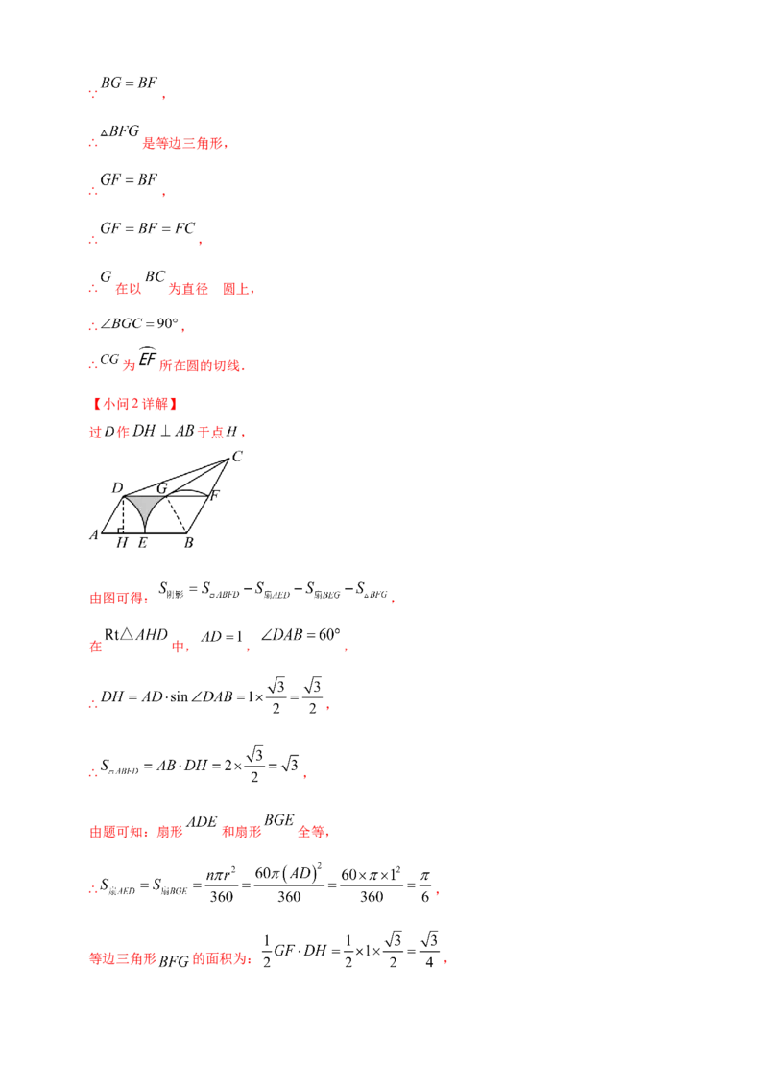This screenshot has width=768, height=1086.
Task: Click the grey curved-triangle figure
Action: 145,507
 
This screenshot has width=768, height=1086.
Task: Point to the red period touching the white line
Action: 327,709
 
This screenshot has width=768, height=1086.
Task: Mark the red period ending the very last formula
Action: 449,962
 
